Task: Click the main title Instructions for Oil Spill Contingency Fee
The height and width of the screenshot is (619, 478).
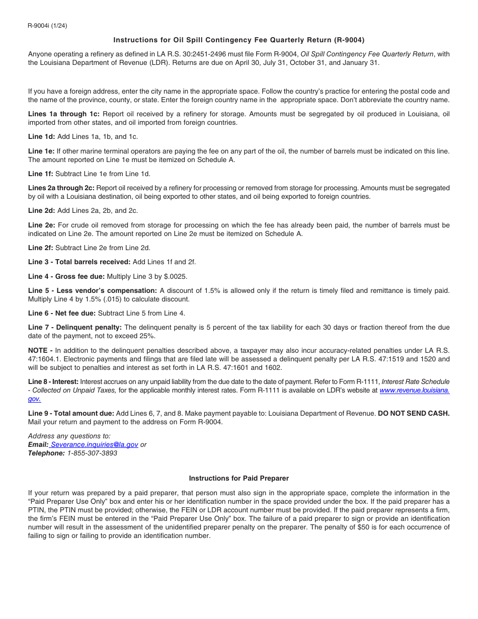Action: (x=238, y=40)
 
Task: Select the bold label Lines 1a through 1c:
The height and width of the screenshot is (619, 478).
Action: (x=64, y=114)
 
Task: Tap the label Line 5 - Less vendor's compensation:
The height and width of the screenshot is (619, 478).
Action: (x=93, y=290)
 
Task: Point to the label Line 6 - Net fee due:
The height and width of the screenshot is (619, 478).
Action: (x=62, y=313)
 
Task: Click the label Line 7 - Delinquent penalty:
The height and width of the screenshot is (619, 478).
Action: (x=75, y=327)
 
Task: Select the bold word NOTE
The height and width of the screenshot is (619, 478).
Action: (x=38, y=350)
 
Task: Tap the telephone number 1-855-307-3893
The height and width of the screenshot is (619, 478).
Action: (x=92, y=453)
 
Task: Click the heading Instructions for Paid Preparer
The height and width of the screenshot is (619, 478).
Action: (x=238, y=478)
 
